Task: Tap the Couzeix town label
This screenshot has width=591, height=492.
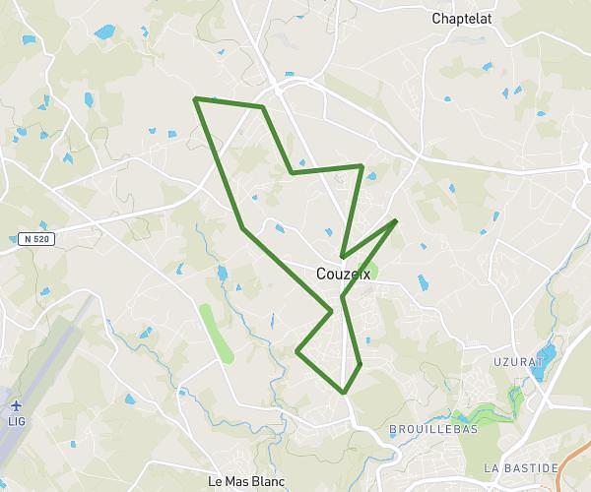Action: (344, 275)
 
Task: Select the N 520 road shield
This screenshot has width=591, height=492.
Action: (34, 238)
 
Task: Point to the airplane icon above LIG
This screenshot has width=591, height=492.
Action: (17, 404)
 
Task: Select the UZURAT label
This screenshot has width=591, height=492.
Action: (518, 362)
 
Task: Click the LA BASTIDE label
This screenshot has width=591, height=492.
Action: (521, 466)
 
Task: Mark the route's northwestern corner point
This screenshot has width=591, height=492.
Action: (196, 98)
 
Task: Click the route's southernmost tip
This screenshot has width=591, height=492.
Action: (344, 392)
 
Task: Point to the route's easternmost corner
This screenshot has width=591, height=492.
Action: (396, 220)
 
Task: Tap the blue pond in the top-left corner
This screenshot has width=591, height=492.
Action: (104, 31)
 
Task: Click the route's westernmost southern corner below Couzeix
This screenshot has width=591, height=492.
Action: (297, 349)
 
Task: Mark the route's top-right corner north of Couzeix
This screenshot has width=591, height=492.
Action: (362, 166)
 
